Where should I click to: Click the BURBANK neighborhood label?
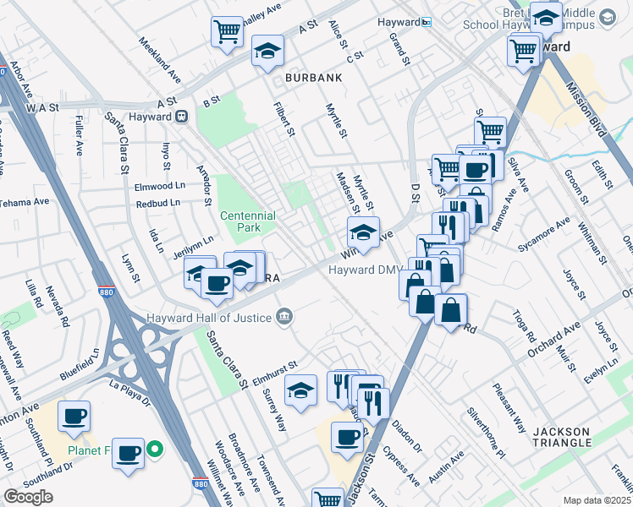click(313, 78)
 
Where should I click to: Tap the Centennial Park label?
click(248, 222)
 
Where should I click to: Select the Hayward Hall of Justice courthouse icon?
click(285, 317)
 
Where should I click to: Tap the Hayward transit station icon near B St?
click(180, 117)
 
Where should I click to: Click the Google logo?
click(28, 497)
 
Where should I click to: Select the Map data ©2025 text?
click(597, 500)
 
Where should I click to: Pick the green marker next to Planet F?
click(155, 450)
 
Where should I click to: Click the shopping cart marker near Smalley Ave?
click(227, 34)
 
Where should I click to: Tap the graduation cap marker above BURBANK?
click(267, 51)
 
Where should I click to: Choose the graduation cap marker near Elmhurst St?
click(300, 390)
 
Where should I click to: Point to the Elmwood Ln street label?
click(160, 185)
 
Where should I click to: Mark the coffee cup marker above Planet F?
click(74, 416)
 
